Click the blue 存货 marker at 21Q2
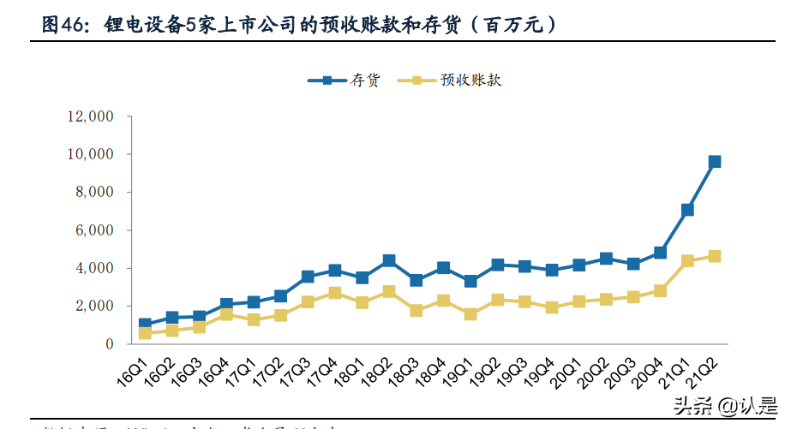click(x=715, y=161)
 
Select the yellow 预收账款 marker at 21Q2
click(x=715, y=256)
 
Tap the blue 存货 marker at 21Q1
click(x=687, y=210)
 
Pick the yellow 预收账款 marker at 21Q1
click(x=687, y=260)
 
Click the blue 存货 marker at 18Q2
click(x=389, y=260)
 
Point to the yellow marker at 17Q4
click(x=335, y=293)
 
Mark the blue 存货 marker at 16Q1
click(x=146, y=325)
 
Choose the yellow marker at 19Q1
click(x=470, y=314)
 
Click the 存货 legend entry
click(x=343, y=80)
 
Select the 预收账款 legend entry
click(x=454, y=80)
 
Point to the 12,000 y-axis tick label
click(x=90, y=116)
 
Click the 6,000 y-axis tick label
click(x=94, y=230)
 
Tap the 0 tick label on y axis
click(x=110, y=344)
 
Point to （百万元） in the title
click(x=516, y=25)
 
